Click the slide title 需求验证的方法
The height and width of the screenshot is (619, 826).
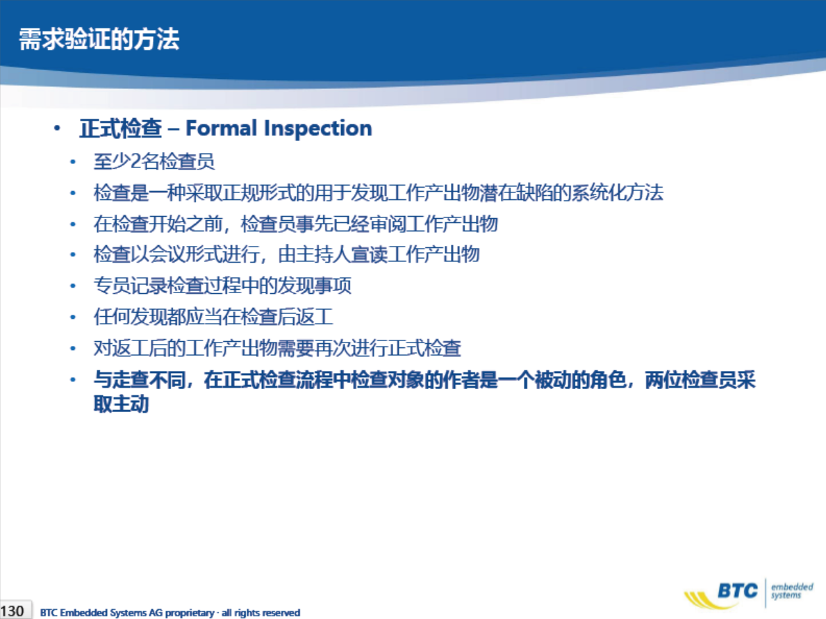(99, 39)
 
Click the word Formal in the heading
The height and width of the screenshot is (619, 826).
(221, 128)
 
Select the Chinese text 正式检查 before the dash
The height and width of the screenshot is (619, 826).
(121, 129)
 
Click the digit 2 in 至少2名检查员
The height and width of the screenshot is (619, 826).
(136, 161)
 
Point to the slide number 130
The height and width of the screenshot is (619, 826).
(12, 611)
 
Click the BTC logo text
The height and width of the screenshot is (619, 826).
(738, 591)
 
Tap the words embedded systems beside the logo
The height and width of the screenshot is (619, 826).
(792, 591)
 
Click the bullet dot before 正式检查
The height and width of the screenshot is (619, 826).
(57, 128)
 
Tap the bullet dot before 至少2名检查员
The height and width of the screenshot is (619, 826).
(73, 162)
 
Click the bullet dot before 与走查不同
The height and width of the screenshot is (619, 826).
(73, 379)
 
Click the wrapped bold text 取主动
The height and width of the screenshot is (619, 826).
(121, 404)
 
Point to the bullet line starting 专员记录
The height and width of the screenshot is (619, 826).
(222, 286)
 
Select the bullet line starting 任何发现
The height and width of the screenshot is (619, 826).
(213, 317)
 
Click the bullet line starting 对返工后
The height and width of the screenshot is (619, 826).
(277, 348)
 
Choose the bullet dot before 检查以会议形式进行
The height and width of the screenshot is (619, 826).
(73, 255)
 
